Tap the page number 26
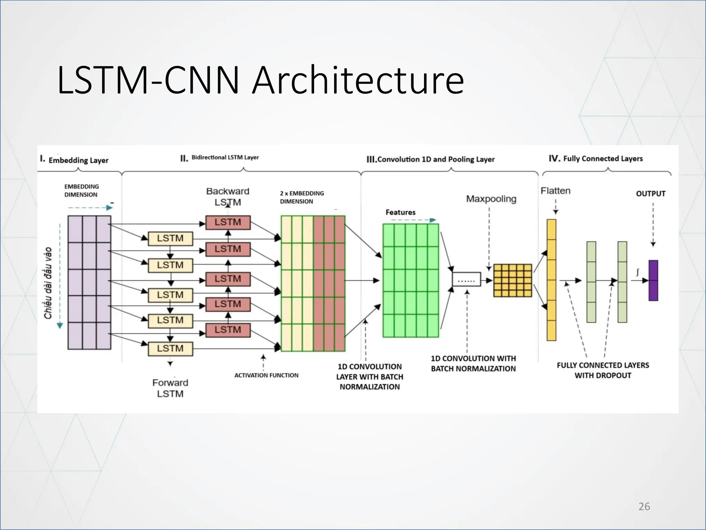(x=644, y=506)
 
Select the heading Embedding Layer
(x=78, y=160)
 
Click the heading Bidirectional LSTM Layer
(x=225, y=158)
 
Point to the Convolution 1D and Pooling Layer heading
(x=436, y=159)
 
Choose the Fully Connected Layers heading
(x=603, y=158)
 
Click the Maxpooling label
(x=491, y=199)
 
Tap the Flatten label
(x=555, y=191)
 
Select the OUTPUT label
(x=650, y=194)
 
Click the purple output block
(x=653, y=281)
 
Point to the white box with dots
(x=466, y=279)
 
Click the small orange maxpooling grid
(x=513, y=281)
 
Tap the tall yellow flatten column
(x=551, y=280)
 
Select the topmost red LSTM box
(x=228, y=222)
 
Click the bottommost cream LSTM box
(x=170, y=349)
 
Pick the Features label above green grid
(x=400, y=212)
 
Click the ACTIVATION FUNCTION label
(x=266, y=375)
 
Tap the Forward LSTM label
(x=170, y=388)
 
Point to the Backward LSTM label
(x=228, y=196)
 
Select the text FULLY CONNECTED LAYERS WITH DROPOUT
(x=603, y=370)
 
